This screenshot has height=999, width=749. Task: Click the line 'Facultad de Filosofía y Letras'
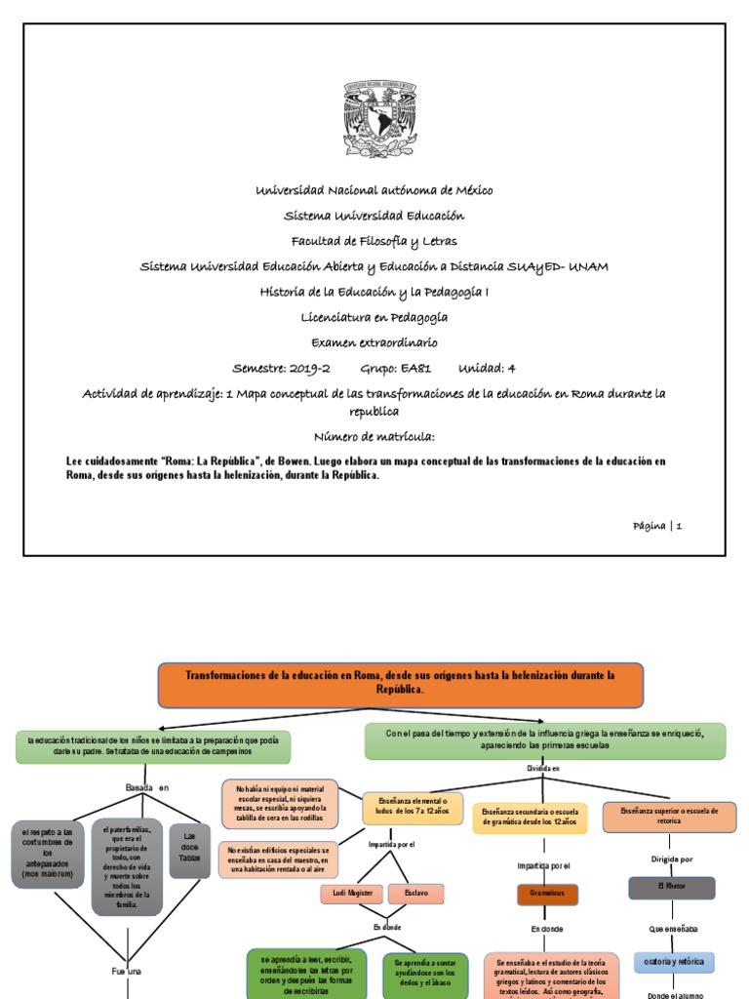[374, 240]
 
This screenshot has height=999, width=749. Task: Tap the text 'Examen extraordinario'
[374, 342]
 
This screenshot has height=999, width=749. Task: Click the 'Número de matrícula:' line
[374, 436]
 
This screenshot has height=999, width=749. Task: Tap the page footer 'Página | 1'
[656, 525]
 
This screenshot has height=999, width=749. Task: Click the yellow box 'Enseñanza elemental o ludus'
[413, 808]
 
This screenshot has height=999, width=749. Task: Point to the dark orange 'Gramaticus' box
[547, 895]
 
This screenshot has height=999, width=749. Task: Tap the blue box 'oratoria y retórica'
[673, 962]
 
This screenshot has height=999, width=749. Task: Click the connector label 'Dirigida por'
[672, 859]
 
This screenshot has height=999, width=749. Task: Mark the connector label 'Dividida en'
[543, 769]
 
